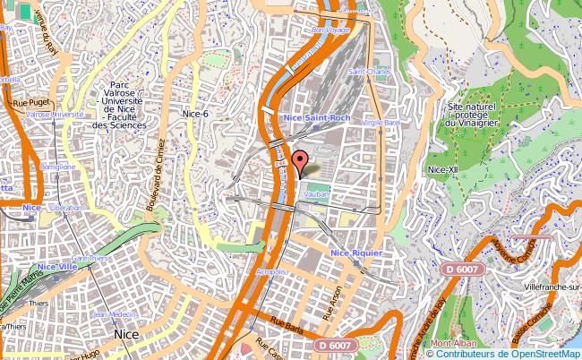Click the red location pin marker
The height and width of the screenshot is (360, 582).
click(x=300, y=161)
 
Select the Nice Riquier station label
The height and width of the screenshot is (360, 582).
click(x=356, y=253)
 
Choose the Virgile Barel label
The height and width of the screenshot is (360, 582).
click(x=380, y=122)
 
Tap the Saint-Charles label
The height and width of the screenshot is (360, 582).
click(x=369, y=72)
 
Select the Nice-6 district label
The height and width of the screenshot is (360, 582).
click(x=194, y=114)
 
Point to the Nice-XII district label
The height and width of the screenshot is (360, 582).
click(x=444, y=169)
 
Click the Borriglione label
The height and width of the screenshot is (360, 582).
click(x=57, y=167)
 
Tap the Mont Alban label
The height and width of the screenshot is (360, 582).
click(x=452, y=344)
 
